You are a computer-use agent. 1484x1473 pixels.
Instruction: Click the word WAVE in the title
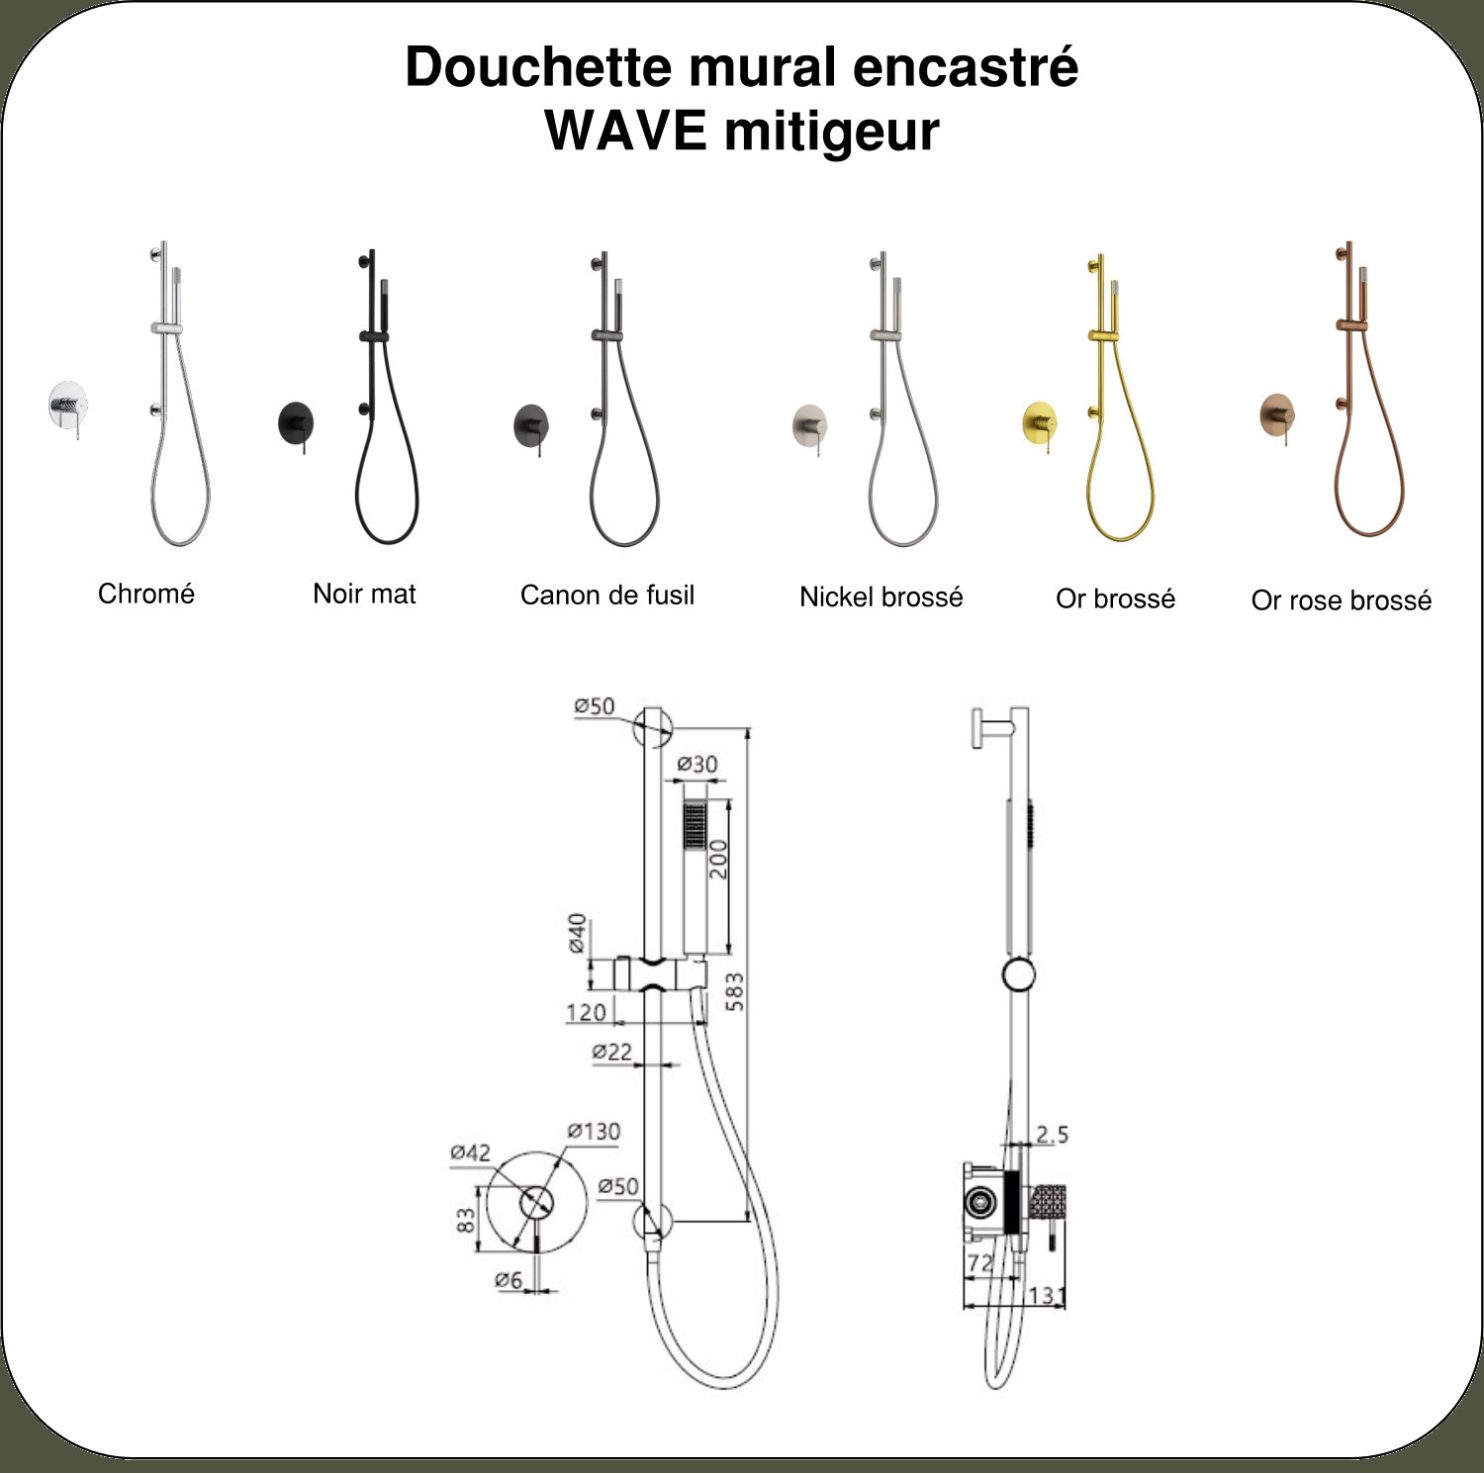pyautogui.click(x=625, y=131)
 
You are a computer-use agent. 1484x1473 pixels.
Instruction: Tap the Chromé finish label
pyautogui.click(x=146, y=594)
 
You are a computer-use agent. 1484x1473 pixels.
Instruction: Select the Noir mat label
pyautogui.click(x=364, y=594)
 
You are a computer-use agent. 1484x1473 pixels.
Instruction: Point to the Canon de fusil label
pyautogui.click(x=607, y=595)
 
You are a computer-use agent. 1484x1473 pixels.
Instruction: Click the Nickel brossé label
pyautogui.click(x=881, y=597)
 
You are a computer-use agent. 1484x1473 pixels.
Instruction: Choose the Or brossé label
pyautogui.click(x=1116, y=598)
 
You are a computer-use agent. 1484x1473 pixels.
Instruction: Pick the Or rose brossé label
pyautogui.click(x=1342, y=600)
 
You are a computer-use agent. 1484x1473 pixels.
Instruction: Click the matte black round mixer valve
pyautogui.click(x=296, y=422)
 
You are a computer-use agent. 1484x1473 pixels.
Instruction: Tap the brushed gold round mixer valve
pyautogui.click(x=1039, y=422)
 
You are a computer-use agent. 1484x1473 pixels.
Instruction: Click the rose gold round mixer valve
pyautogui.click(x=1277, y=414)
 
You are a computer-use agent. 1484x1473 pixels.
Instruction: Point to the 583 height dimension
pyautogui.click(x=734, y=992)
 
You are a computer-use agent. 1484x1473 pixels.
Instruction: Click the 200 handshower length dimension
pyautogui.click(x=717, y=859)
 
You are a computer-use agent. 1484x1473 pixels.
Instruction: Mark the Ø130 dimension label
pyautogui.click(x=594, y=1131)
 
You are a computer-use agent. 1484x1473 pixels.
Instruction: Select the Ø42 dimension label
pyautogui.click(x=470, y=1152)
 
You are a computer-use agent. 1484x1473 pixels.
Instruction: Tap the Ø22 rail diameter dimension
pyautogui.click(x=611, y=1052)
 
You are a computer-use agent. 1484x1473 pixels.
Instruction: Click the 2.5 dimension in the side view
pyautogui.click(x=1052, y=1134)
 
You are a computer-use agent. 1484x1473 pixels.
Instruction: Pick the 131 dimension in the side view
pyautogui.click(x=1047, y=1294)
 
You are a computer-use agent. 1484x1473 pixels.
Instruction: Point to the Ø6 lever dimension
pyautogui.click(x=509, y=1280)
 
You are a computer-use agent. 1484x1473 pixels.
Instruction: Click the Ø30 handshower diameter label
pyautogui.click(x=697, y=764)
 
